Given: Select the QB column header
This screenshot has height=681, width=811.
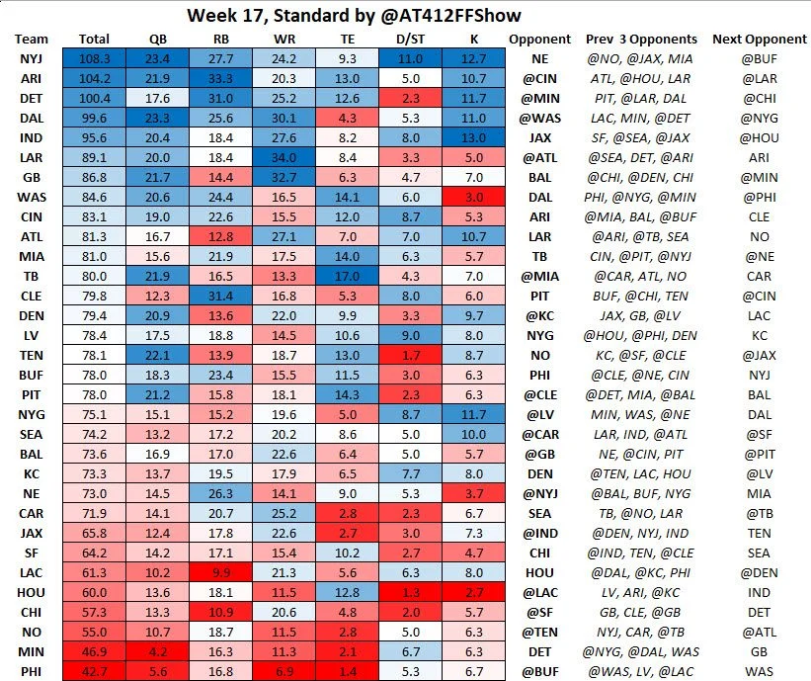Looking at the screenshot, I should click(x=157, y=39).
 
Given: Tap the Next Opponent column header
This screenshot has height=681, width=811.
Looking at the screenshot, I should click(x=763, y=39).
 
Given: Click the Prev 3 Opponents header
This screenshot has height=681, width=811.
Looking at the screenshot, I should click(x=641, y=39).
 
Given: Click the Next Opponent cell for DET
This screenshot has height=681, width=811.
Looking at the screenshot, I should click(x=763, y=98).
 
